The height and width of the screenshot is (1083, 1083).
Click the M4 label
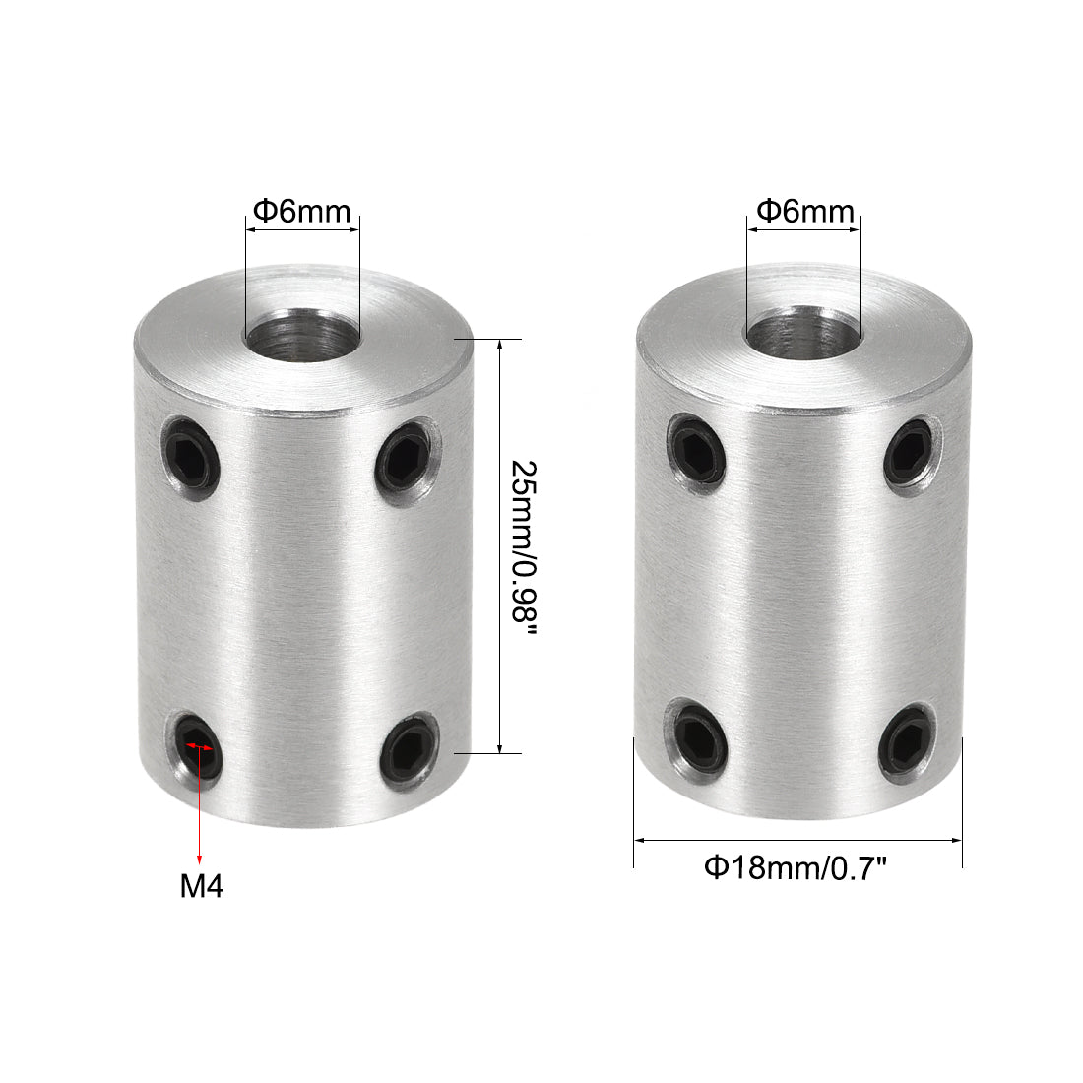pyautogui.click(x=202, y=887)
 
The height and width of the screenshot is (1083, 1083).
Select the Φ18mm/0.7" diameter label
pyautogui.click(x=796, y=867)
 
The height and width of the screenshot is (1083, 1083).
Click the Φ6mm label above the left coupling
pyautogui.click(x=301, y=211)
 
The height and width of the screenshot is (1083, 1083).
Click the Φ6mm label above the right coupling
pyautogui.click(x=804, y=211)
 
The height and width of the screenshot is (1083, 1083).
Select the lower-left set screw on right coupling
pyautogui.click(x=701, y=734)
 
